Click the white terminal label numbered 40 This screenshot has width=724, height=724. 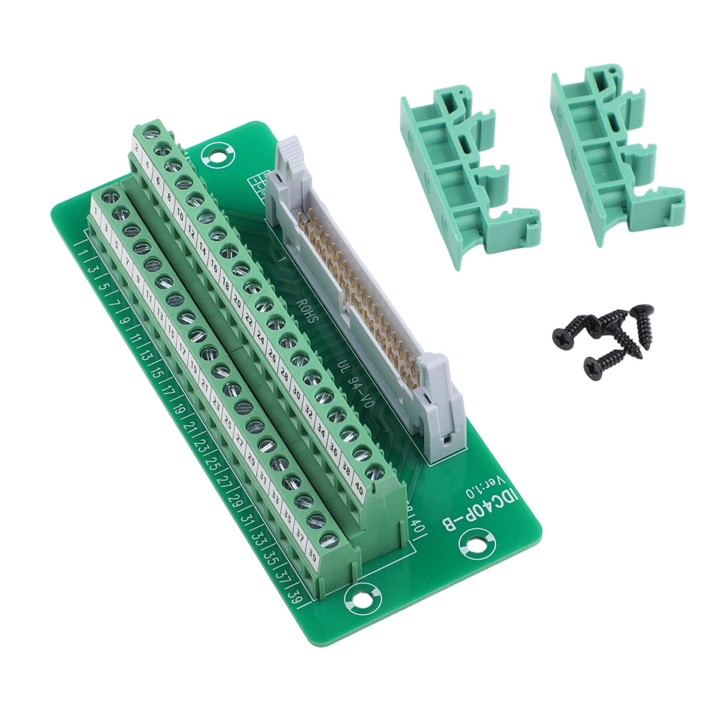359,489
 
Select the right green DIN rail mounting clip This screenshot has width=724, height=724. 618,156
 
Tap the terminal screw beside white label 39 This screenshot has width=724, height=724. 329,540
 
